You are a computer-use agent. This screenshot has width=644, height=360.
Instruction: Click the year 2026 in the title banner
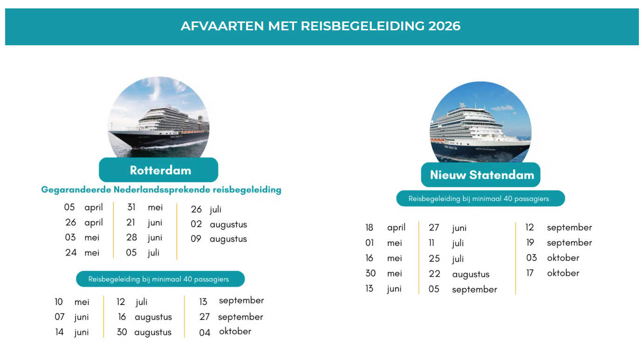(x=444, y=26)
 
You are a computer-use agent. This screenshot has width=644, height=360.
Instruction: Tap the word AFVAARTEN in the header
(x=222, y=26)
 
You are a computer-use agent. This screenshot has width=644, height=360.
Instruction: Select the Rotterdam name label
(x=158, y=170)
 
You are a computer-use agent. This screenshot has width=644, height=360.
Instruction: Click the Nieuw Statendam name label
(x=481, y=175)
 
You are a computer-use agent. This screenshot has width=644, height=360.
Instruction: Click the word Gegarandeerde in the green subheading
(x=76, y=190)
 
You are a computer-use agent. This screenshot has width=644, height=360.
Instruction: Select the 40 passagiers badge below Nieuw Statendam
(x=481, y=199)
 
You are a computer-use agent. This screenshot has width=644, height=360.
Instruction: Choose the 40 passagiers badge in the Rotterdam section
(x=160, y=279)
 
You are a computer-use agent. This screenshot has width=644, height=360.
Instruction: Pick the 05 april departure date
(x=83, y=208)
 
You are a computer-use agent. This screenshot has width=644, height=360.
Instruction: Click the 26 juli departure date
(x=206, y=209)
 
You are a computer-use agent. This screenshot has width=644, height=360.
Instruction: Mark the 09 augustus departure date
(x=219, y=239)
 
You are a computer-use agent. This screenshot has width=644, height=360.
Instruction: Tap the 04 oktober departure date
(x=225, y=332)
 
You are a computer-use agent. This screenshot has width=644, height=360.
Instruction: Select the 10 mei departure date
(x=72, y=302)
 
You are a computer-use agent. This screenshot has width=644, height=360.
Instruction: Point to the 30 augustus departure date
(x=144, y=332)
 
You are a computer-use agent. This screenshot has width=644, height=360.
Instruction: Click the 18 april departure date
(x=385, y=228)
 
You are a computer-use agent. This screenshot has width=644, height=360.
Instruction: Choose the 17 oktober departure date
(x=553, y=273)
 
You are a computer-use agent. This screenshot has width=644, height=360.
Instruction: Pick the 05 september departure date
(x=463, y=289)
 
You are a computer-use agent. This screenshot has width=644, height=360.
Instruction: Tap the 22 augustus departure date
(x=459, y=274)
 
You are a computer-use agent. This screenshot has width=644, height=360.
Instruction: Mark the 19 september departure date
(x=559, y=243)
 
